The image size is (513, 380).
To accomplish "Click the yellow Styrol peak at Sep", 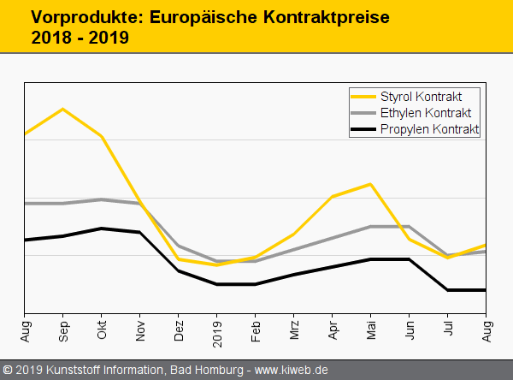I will [x=62, y=109].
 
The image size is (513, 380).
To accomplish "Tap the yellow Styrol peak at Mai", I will [x=370, y=184].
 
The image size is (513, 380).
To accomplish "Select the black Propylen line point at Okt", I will [x=101, y=229].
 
